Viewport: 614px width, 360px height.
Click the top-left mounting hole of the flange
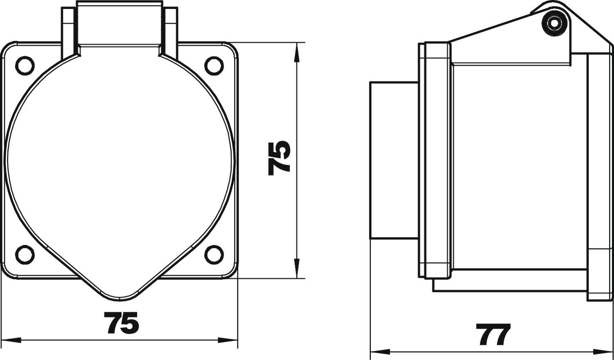(25, 65)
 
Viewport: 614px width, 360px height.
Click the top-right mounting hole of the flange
(214, 65)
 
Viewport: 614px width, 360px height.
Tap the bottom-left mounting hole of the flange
(25, 254)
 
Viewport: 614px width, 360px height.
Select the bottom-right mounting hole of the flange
(214, 254)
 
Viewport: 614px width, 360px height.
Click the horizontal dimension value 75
(121, 323)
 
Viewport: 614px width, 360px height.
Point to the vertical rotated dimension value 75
(279, 158)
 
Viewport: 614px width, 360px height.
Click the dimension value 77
(493, 335)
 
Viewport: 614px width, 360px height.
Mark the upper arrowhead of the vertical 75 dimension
(296, 52)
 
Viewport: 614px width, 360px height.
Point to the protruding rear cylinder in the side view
(394, 160)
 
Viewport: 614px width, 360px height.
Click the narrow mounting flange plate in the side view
(422, 160)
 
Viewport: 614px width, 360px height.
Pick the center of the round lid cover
(120, 160)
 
